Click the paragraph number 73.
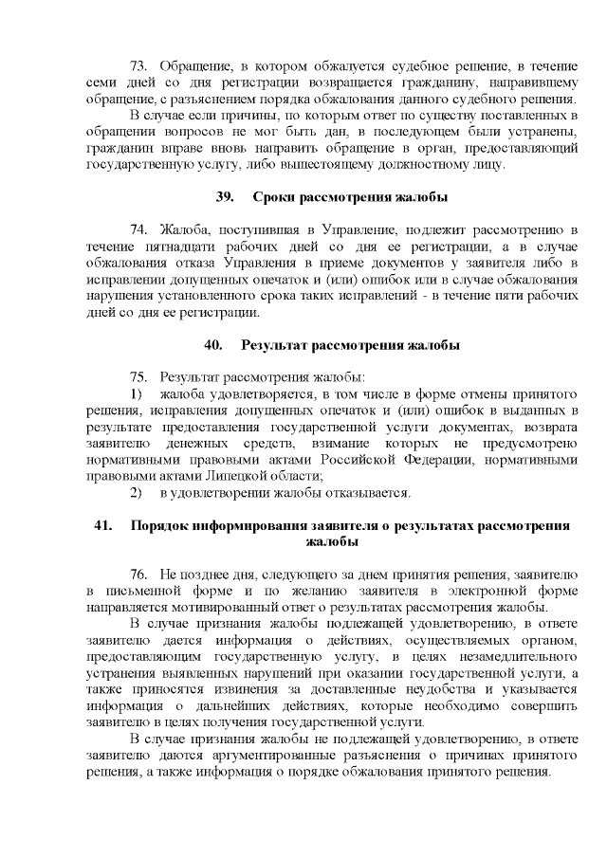click(139, 64)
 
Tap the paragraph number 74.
click(139, 229)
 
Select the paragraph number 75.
click(139, 377)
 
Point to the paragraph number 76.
click(139, 575)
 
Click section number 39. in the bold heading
click(226, 196)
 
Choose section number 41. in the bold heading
click(103, 525)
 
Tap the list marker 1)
click(135, 393)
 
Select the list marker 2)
click(135, 493)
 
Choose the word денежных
click(195, 443)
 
